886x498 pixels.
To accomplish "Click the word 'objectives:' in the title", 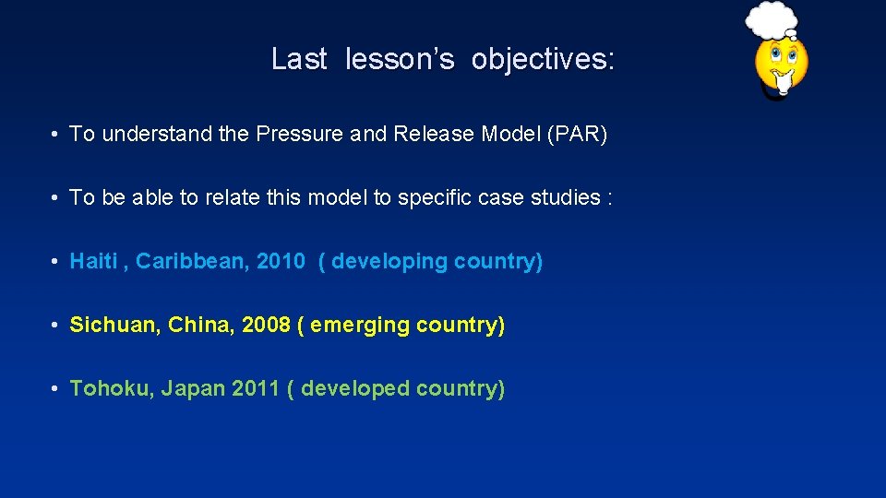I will pyautogui.click(x=542, y=60).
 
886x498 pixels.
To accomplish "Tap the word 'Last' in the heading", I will pyautogui.click(x=299, y=60).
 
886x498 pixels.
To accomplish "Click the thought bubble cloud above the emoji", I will pyautogui.click(x=772, y=18).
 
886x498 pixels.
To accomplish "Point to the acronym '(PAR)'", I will pyautogui.click(x=578, y=135).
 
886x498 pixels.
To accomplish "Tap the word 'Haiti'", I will pyautogui.click(x=93, y=262).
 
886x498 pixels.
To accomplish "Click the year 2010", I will pyautogui.click(x=281, y=262).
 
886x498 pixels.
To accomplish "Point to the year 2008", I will pyautogui.click(x=266, y=326).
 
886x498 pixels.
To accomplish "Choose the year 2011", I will pyautogui.click(x=256, y=389).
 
